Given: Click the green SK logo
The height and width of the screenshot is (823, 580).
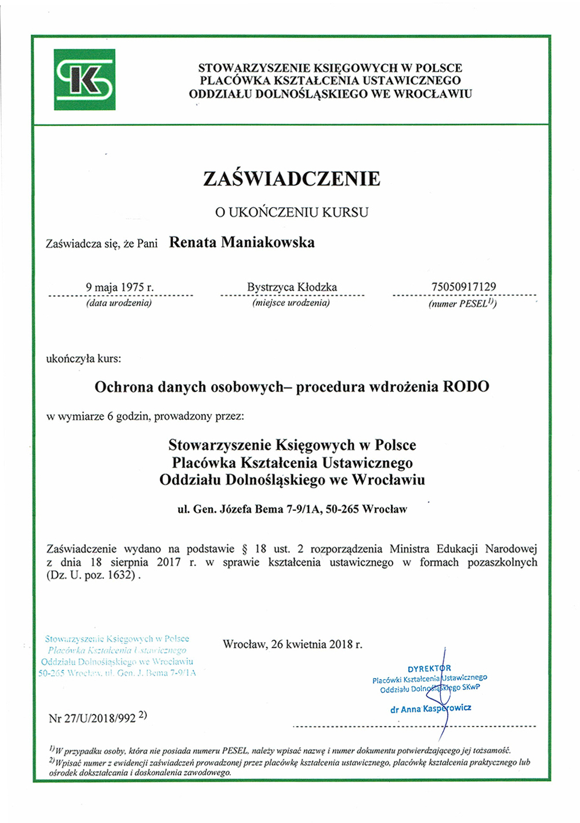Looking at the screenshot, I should pos(85,80).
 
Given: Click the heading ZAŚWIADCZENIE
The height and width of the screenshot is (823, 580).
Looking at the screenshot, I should pos(292,179).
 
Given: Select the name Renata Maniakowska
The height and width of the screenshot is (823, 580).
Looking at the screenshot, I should pos(242,242).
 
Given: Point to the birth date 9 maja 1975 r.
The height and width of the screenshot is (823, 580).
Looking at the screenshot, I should pos(119,287).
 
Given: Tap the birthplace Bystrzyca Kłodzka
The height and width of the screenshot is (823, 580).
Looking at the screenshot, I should pos(292,287).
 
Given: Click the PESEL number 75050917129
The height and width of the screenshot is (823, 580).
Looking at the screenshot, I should pos(463,287).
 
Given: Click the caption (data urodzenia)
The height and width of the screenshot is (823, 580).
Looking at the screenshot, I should pos(119,303).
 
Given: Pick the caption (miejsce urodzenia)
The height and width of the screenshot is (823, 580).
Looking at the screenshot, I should pos(291,303).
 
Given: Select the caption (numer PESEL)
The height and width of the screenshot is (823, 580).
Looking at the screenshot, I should pos(462,303).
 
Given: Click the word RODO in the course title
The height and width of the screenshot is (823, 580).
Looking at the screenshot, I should pos(466,387).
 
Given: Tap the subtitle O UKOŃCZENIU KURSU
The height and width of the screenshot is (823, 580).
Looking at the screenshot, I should pos(292,212).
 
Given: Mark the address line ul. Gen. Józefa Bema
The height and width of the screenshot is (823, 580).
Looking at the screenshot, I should pos(292,509).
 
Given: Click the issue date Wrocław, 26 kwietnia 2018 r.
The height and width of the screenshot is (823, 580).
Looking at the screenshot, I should pos(292,644).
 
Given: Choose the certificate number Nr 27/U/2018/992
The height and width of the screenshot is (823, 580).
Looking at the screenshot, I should pos(93,718).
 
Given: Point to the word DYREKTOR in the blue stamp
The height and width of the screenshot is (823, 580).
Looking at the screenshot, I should pos(429,669).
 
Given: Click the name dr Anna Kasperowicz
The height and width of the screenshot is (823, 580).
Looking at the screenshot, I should pos(430,709).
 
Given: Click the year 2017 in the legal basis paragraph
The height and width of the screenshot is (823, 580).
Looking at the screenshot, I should pos(169,562).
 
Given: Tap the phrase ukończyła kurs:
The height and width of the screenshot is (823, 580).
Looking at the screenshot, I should pos(84,358).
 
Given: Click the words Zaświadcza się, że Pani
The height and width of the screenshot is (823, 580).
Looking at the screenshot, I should pos(101,244).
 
